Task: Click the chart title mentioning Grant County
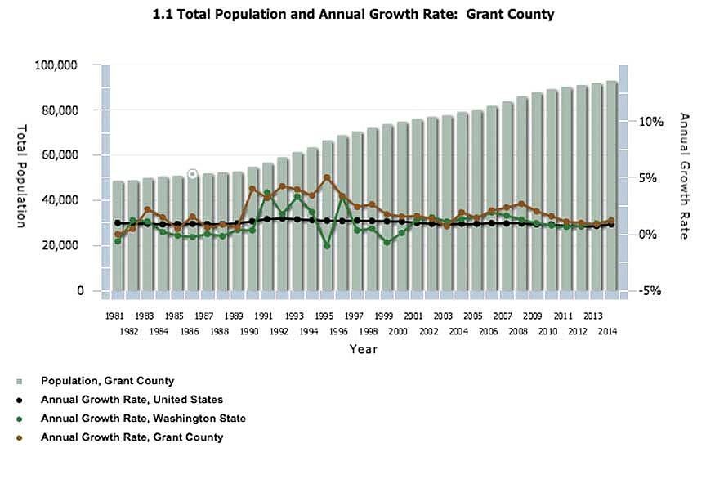coord(354,15)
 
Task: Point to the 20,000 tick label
coord(57,245)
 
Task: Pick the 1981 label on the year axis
coord(114,315)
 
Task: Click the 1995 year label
coord(324,315)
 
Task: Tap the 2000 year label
coord(399,331)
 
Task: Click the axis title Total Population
coord(22,176)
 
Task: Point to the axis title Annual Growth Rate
coord(685,176)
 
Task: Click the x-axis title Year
coord(363,349)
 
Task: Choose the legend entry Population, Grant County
coord(107,381)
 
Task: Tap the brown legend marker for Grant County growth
coord(19,437)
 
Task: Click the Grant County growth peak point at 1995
coord(327,177)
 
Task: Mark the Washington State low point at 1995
coord(327,245)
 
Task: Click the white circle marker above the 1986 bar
coord(193,173)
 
